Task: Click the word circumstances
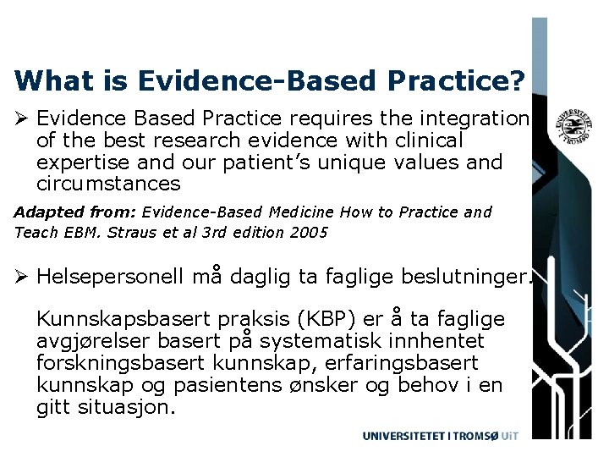[x=108, y=184]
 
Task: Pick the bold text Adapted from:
[x=75, y=212]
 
